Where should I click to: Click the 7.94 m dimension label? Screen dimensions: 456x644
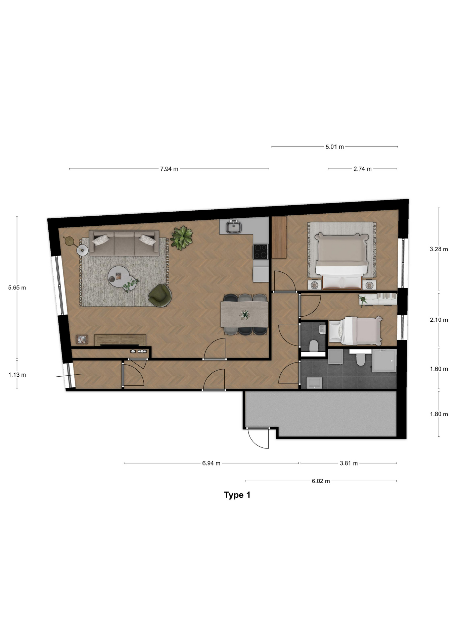click(169, 169)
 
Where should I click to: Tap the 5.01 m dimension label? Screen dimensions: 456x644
click(334, 147)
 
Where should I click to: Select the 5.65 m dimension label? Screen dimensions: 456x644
click(17, 288)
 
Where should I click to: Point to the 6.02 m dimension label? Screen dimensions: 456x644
click(321, 481)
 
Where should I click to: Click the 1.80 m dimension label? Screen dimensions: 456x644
click(439, 414)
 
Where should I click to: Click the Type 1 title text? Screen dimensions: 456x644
click(237, 495)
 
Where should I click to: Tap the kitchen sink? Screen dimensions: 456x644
click(234, 227)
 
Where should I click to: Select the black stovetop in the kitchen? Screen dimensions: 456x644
click(261, 252)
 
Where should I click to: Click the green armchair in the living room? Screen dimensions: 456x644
click(161, 295)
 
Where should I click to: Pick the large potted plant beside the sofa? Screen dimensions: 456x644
click(181, 238)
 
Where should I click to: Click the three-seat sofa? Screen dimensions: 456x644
click(124, 243)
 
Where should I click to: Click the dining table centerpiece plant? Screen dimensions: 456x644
click(245, 315)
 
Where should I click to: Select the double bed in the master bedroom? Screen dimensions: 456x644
click(341, 261)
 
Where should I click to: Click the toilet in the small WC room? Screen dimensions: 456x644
click(314, 346)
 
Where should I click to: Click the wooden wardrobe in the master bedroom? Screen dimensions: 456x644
click(279, 237)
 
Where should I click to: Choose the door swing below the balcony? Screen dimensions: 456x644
click(258, 438)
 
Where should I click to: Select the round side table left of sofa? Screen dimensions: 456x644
click(82, 250)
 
